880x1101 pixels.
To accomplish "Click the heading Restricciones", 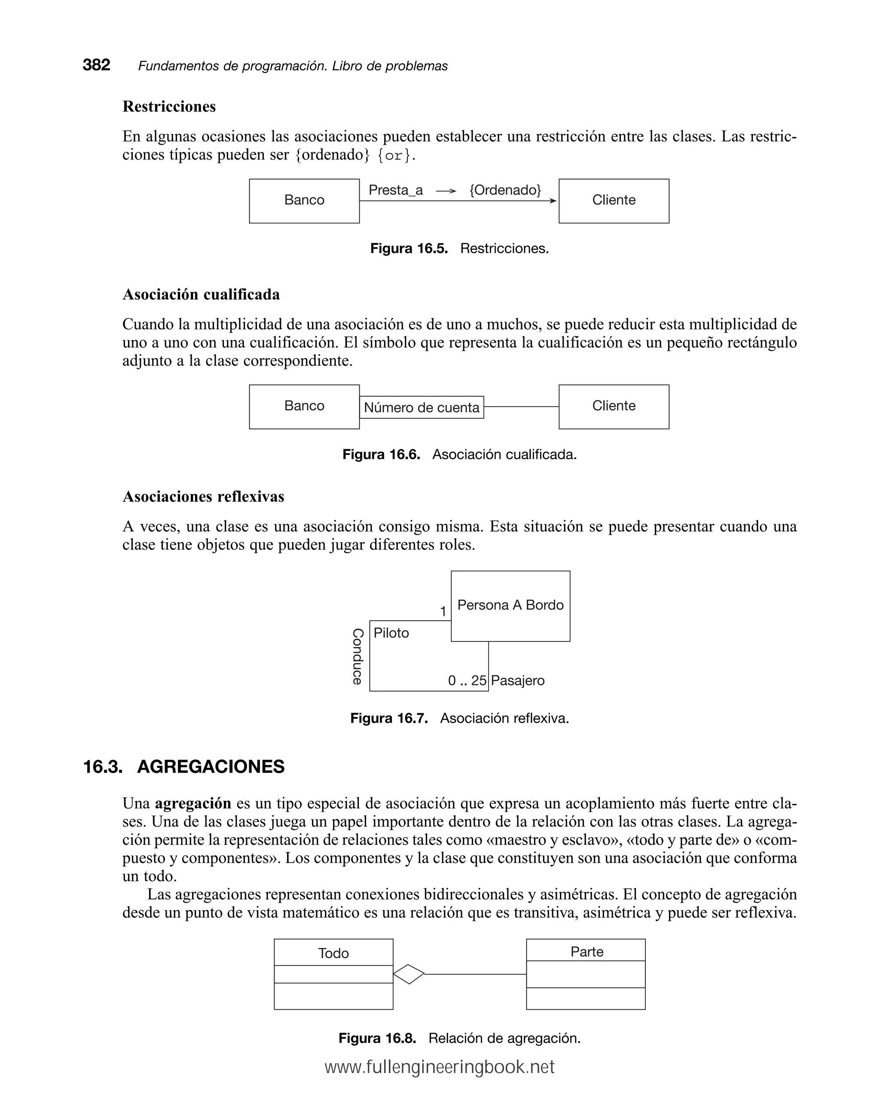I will pos(169,106).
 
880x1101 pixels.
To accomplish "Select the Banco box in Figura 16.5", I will pos(304,201).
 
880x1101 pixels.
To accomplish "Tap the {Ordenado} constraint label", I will pos(505,190).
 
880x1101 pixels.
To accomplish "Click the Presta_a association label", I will pos(396,190).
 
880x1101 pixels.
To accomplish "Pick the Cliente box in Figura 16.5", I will pos(614,201).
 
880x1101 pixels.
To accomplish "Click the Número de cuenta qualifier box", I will pos(422,408).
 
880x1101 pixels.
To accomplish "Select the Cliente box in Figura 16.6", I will pos(614,407).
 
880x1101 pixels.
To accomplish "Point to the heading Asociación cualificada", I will pos(201,294).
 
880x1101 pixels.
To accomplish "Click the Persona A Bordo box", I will pos(510,606).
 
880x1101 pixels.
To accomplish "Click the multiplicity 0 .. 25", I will pos(467,681).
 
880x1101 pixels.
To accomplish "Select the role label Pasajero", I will pos(518,681).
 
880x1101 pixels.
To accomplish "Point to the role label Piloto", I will pos(391,633).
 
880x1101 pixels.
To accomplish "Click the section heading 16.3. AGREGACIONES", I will pos(184,767).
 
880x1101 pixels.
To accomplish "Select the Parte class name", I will pos(587,952).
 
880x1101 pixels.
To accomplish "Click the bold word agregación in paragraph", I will pos(193,804).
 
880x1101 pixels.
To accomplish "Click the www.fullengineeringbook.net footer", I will pos(440,1067).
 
